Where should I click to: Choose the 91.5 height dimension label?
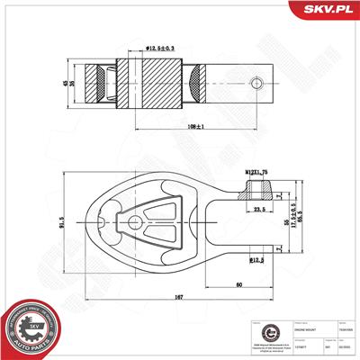point(60,215)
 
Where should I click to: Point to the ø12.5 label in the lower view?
point(257,260)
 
